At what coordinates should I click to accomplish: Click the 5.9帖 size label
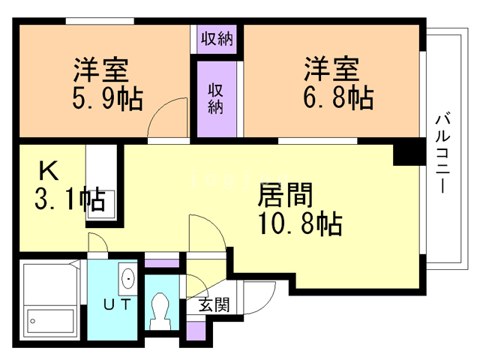[x=108, y=99]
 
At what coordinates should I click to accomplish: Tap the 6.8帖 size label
[x=339, y=97]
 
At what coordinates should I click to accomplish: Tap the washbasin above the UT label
[x=128, y=279]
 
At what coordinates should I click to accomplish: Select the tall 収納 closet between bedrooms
[x=216, y=97]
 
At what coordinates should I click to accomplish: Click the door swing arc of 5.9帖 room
[x=166, y=120]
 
